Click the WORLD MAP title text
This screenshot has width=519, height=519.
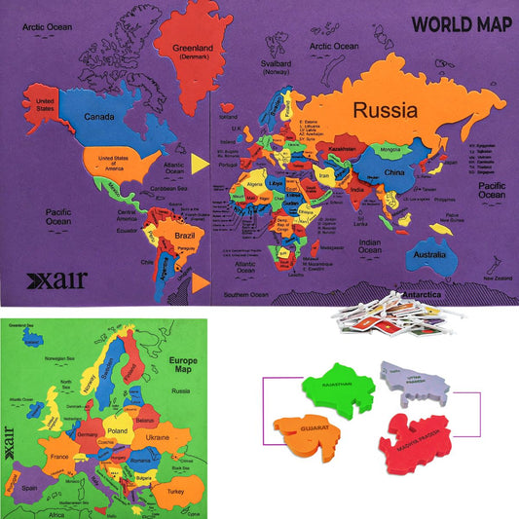(456, 23)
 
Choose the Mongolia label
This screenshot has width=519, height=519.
(389, 149)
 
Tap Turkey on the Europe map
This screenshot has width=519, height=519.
(176, 494)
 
